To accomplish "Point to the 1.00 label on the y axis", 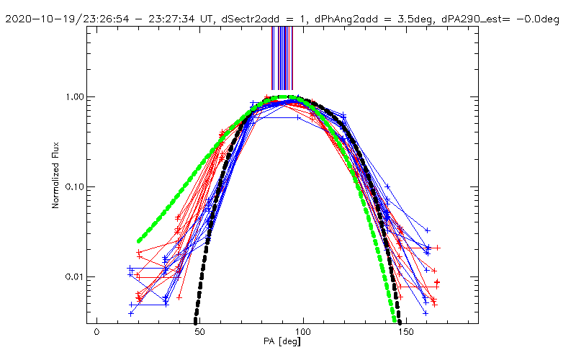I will coord(76,97).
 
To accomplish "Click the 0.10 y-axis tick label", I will coord(76,187).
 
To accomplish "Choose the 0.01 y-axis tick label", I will coord(76,277).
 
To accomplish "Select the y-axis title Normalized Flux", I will coord(55,176).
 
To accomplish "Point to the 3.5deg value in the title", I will coord(385,19).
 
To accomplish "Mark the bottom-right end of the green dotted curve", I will coord(394,320).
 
